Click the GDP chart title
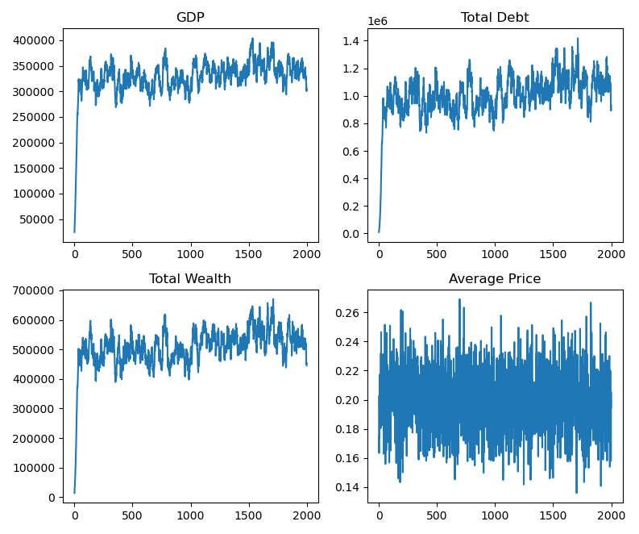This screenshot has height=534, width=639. click(x=190, y=18)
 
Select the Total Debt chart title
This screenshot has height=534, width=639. click(x=495, y=18)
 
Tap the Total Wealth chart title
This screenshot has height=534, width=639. click(x=190, y=279)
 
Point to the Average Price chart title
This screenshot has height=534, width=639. click(x=495, y=279)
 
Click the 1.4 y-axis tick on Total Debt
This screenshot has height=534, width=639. click(x=352, y=41)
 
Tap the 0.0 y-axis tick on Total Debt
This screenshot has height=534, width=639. click(x=352, y=234)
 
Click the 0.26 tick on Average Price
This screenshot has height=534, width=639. click(x=349, y=313)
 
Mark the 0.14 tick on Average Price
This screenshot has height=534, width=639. click(x=349, y=487)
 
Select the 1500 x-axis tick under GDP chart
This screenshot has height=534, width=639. click(x=249, y=254)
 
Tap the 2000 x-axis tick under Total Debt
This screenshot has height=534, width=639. click(x=612, y=254)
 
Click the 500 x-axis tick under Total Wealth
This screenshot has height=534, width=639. click(x=132, y=515)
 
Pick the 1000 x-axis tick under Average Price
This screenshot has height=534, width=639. click(x=495, y=515)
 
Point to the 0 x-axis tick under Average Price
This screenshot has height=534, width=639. click(x=379, y=515)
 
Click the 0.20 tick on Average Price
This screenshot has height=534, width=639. click(x=349, y=400)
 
